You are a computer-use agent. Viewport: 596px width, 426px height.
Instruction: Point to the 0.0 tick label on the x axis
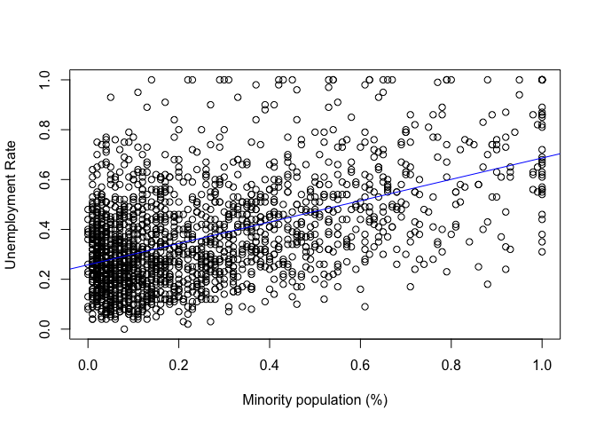88,364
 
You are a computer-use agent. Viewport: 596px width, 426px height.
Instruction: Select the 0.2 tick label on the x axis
179,364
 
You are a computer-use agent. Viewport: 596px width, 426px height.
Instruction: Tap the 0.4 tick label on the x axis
270,364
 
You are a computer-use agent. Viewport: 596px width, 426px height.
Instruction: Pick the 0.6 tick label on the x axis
361,364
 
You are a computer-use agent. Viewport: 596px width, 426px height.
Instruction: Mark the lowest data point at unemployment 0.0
124,329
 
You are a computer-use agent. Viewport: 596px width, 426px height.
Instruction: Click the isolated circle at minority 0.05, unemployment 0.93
111,98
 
